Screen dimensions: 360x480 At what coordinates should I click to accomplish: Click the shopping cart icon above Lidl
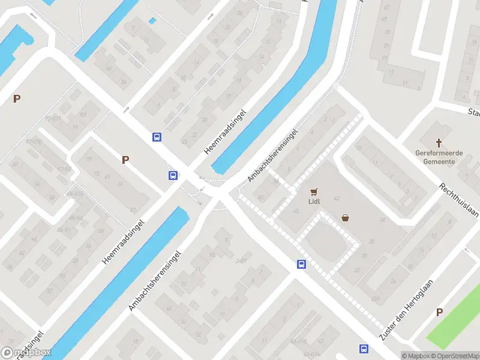coord(314,192)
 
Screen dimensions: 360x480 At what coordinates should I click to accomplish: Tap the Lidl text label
coord(314,202)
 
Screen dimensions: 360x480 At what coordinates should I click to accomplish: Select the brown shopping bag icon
coord(346,218)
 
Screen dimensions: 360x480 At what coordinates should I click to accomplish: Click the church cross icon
coord(439,143)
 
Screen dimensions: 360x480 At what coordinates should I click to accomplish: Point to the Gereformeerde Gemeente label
coord(439,157)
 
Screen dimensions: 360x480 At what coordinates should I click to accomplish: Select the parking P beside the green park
coord(439,312)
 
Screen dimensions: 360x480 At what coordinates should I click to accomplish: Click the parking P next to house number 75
coord(125,160)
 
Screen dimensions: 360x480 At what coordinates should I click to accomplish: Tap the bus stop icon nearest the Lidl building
coord(301,264)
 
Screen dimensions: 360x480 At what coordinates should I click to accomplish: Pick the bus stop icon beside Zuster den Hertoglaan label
coord(364,349)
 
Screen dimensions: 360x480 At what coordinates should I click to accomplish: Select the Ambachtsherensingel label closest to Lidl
coord(272,155)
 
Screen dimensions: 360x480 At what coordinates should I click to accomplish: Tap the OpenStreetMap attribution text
coord(458,356)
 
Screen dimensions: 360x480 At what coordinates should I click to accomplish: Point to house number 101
coord(82,114)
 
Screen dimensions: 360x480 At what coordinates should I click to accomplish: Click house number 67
coord(386,7)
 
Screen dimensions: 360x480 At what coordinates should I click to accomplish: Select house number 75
coord(89,159)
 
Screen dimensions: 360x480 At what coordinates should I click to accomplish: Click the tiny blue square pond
coord(152,21)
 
